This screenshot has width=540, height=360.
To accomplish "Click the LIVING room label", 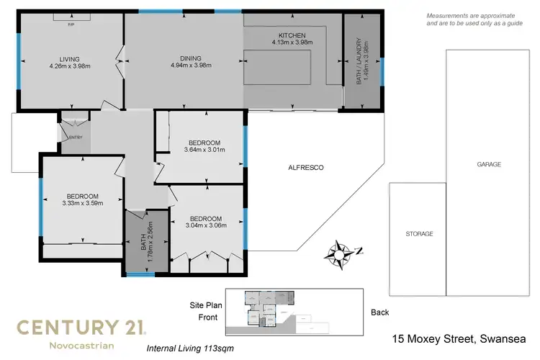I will pyautogui.click(x=69, y=59).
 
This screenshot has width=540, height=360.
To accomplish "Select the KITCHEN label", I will pyautogui.click(x=292, y=35).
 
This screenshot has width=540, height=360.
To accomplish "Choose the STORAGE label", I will pyautogui.click(x=419, y=234).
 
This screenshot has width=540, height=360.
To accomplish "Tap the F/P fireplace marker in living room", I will pyautogui.click(x=71, y=24).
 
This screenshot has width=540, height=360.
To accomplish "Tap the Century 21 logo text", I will pyautogui.click(x=81, y=328).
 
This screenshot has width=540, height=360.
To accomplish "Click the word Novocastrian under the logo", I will pyautogui.click(x=81, y=346).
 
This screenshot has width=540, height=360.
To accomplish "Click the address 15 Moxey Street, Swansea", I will pyautogui.click(x=459, y=338).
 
